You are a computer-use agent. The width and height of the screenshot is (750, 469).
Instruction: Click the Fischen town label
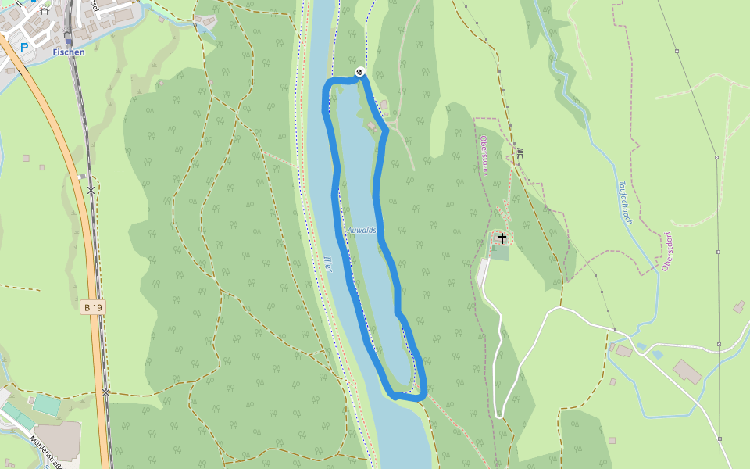(x=69, y=52)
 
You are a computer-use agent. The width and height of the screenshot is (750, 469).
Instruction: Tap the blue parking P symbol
(x=23, y=48)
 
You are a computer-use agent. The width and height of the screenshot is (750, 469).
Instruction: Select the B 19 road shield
(x=92, y=308)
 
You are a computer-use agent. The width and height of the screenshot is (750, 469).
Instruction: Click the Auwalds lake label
(x=362, y=230)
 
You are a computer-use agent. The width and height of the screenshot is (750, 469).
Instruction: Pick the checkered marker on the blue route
(x=359, y=72)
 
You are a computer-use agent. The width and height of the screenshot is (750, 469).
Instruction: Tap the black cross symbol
(x=502, y=238)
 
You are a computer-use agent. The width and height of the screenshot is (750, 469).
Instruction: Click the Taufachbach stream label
(x=625, y=203)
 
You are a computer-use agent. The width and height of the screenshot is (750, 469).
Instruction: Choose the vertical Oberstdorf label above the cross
(x=484, y=155)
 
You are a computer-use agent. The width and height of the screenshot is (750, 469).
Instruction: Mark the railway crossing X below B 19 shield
(x=105, y=392)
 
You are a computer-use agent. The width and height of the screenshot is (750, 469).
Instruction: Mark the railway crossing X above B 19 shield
(x=91, y=190)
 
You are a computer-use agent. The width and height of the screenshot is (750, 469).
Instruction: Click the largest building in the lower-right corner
(x=687, y=372)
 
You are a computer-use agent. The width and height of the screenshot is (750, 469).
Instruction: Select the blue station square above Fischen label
(x=68, y=41)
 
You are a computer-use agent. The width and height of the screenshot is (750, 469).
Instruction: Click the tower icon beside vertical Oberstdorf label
(x=519, y=153)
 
